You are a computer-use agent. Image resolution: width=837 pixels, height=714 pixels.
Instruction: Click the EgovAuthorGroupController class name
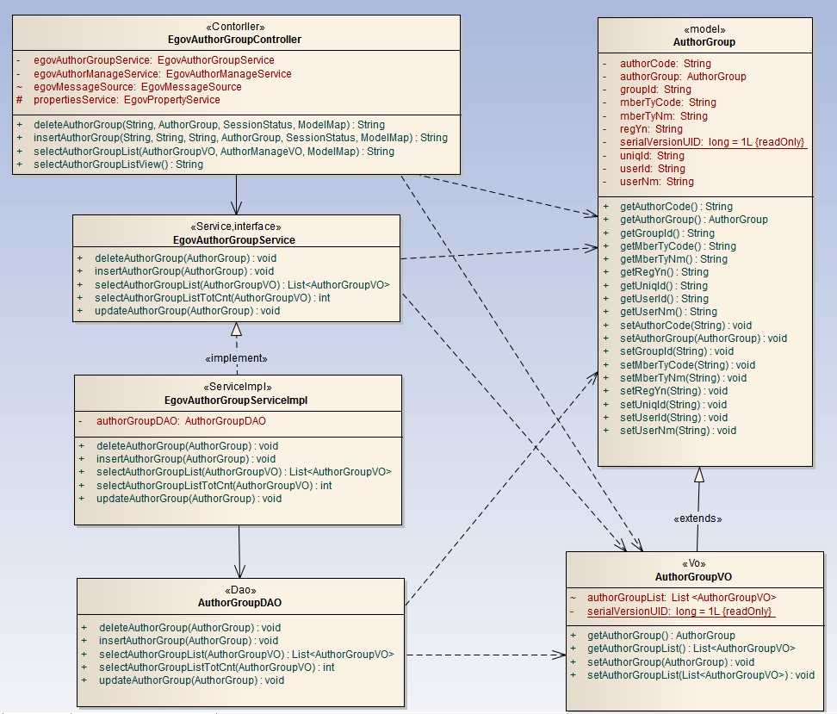235,40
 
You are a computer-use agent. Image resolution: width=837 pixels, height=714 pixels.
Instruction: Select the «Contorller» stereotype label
235,27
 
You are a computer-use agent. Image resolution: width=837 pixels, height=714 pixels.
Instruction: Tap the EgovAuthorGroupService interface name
235,240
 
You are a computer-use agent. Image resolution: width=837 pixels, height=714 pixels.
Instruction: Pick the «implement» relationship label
236,358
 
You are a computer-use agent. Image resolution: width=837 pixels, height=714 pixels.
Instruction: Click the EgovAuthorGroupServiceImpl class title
236,400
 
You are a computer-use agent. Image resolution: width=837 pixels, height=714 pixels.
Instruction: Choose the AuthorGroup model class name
704,42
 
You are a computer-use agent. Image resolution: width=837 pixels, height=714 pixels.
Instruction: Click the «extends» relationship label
697,518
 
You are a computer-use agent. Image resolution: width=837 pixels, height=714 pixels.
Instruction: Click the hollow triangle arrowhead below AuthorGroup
699,475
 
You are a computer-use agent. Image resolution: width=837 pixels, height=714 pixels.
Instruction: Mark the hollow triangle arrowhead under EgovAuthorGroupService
236,329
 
